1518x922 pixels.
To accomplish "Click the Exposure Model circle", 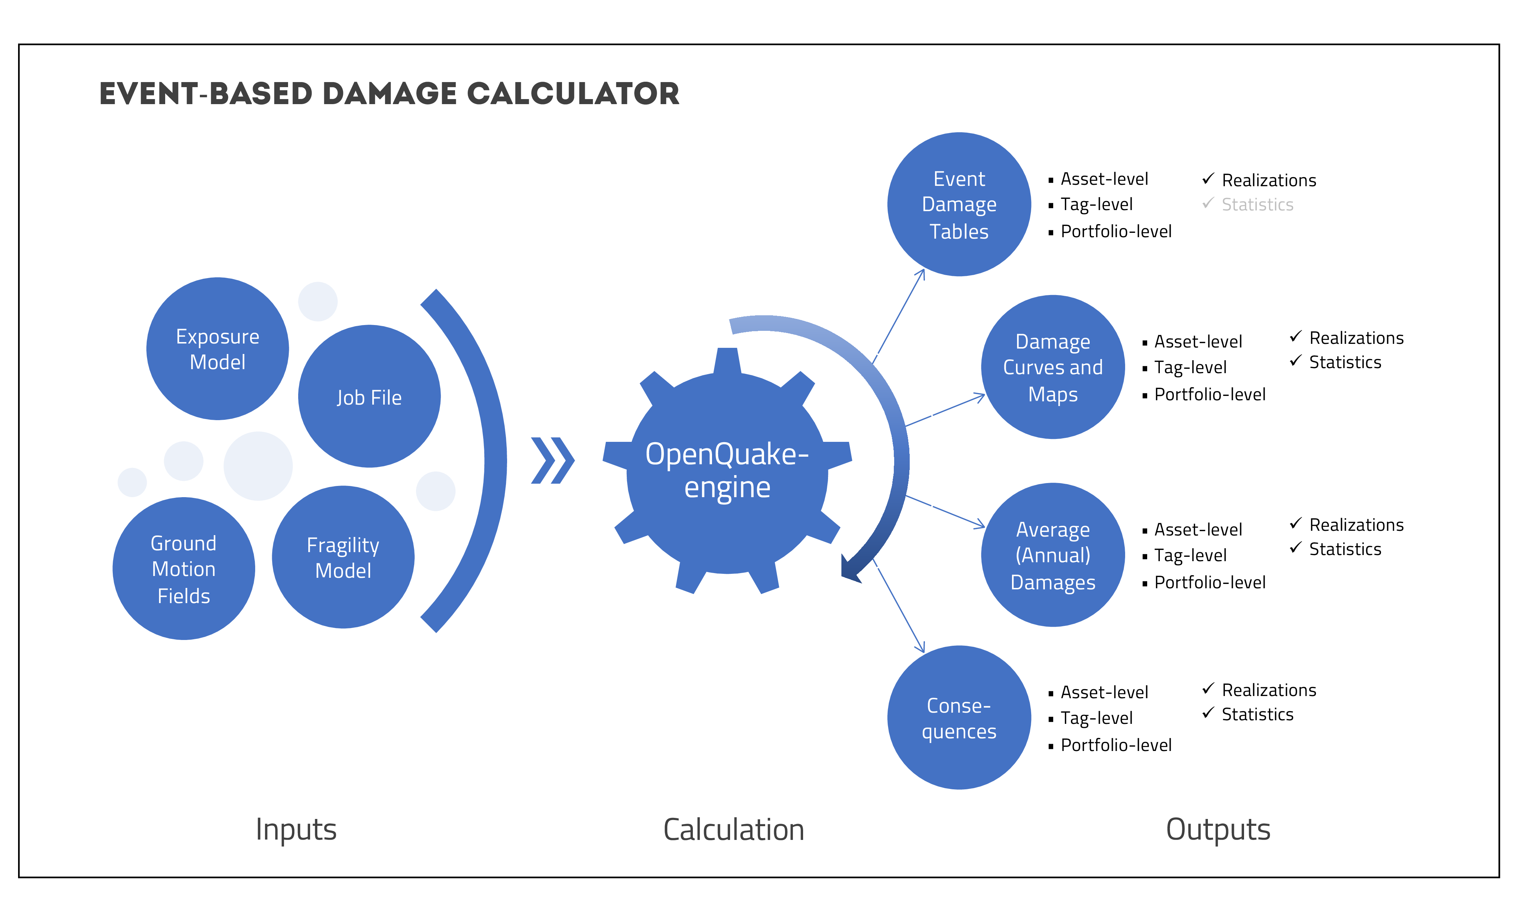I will point(218,349).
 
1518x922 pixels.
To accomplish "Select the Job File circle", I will point(369,396).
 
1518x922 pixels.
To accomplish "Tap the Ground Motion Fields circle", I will point(184,569).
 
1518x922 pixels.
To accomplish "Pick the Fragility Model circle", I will point(343,557).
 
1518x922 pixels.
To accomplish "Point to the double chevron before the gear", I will point(553,460).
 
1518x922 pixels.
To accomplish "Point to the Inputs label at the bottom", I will point(296,829).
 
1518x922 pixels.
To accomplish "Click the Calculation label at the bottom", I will point(733,829).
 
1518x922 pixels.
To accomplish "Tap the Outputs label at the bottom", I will point(1218,829).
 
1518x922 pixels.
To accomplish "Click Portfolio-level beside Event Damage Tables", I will point(1116,232).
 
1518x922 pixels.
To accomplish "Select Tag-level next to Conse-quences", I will point(1097,718).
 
